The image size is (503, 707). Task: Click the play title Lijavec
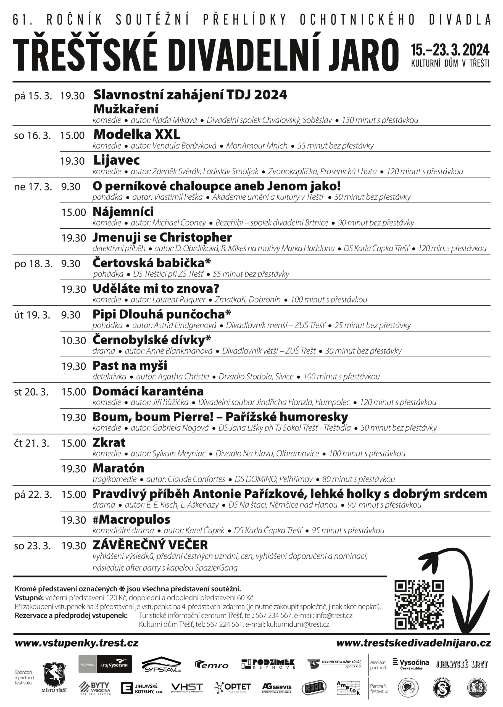tap(117, 160)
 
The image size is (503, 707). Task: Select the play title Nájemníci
tap(123, 212)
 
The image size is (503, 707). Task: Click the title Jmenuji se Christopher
tap(162, 238)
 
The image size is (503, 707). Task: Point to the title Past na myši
tap(130, 366)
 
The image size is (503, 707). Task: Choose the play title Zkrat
tap(109, 442)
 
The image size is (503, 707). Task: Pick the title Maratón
tap(118, 468)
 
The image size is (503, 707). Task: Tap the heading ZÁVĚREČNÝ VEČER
tap(150, 545)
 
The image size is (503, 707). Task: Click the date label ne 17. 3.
tap(33, 187)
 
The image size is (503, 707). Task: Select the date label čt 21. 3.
tap(31, 444)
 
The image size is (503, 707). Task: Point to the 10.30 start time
tap(73, 341)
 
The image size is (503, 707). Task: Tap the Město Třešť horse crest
tap(54, 675)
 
